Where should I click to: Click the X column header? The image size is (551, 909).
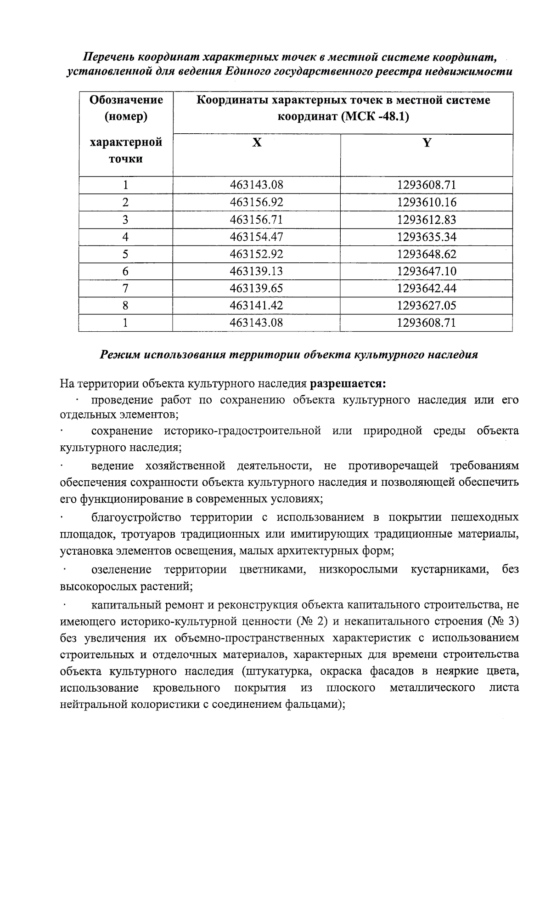pos(257,143)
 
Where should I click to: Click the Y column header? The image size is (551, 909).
pos(427,143)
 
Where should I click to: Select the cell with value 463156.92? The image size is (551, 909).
pos(256,202)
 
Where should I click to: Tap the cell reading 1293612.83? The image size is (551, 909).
pos(427,220)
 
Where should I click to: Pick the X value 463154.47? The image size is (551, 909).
pos(256,237)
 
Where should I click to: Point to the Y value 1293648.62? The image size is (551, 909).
pos(427,254)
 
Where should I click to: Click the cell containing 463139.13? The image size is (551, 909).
pos(256,272)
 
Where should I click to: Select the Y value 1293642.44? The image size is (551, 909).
pos(427,289)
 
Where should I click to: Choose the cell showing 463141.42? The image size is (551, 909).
pos(256,306)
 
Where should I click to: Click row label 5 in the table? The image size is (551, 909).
pos(125,254)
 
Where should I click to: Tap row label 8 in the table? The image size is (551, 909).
pos(125,306)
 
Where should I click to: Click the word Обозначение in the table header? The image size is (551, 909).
pos(126,100)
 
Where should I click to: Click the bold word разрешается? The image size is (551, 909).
pos(348,383)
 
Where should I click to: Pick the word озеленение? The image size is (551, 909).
pos(121,570)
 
